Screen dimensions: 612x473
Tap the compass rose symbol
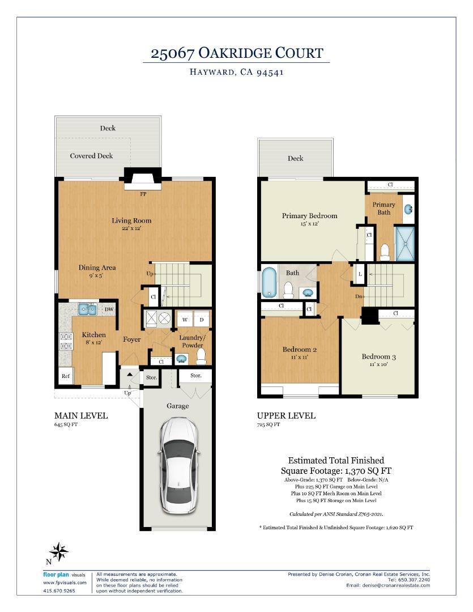tap(58, 551)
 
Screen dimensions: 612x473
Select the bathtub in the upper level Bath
tap(267, 282)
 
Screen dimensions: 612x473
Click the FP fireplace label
tap(143, 193)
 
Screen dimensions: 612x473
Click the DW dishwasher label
tap(109, 309)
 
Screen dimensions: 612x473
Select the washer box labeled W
tap(185, 320)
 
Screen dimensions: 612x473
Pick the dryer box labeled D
tap(202, 320)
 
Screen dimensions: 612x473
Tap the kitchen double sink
tap(87, 309)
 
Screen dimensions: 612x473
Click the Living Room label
tap(131, 220)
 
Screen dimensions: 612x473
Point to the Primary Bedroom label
tap(309, 215)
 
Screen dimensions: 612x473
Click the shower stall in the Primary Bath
tap(405, 243)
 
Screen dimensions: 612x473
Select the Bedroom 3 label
tap(378, 356)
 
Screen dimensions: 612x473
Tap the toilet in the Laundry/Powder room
tap(201, 356)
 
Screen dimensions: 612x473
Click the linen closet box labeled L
tap(360, 274)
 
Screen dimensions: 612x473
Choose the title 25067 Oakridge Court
tap(236, 54)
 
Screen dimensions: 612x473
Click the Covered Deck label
tap(91, 156)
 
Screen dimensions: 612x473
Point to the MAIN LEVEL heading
tap(80, 415)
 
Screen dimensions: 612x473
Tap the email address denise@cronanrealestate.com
tap(388, 585)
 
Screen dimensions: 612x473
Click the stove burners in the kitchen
tap(66, 341)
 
